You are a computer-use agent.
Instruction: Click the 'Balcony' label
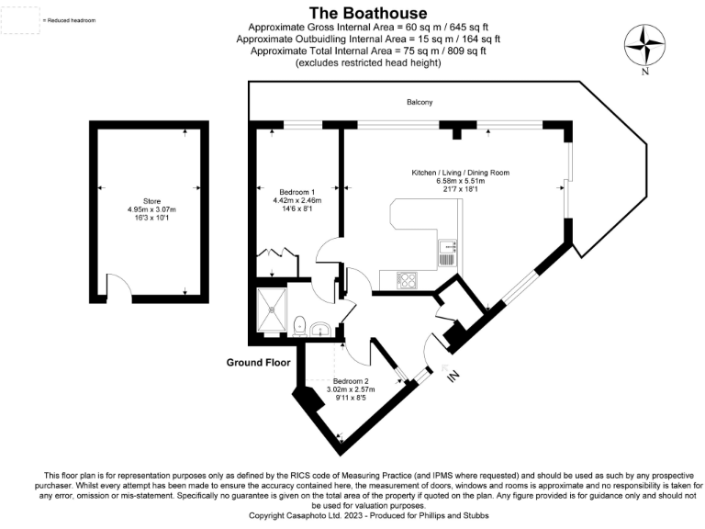(420, 102)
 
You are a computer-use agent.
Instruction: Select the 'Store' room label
(151, 200)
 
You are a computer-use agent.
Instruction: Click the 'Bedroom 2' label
(351, 380)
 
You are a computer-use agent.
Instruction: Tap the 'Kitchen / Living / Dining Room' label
(460, 173)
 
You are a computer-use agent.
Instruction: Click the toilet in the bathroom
(301, 323)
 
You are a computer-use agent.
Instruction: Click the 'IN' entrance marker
(451, 377)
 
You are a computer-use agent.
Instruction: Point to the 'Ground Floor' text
(257, 363)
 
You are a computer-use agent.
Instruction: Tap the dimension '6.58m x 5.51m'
(460, 182)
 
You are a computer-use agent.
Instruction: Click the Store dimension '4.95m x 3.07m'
(151, 209)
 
